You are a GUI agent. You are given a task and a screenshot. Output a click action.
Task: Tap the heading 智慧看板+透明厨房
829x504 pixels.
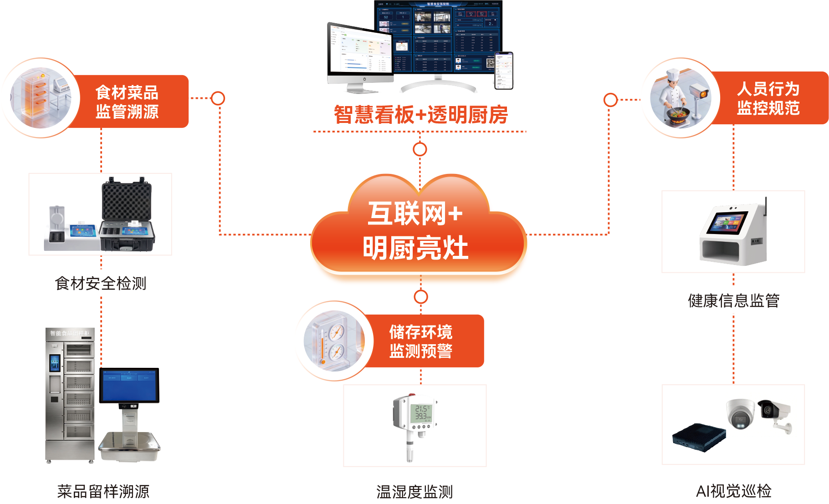[x=420, y=115]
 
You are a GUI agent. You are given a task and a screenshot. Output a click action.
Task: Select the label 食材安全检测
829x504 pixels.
[x=100, y=283]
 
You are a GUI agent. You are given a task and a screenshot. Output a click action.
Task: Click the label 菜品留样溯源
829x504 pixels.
[x=103, y=491]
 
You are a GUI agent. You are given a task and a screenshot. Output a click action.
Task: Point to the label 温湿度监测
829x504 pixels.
[x=414, y=492]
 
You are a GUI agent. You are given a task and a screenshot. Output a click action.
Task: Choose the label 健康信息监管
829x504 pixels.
[x=733, y=300]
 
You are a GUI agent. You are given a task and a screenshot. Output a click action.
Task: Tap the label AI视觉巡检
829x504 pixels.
[x=733, y=491]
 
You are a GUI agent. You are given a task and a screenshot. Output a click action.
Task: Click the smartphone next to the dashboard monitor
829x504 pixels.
[x=504, y=71]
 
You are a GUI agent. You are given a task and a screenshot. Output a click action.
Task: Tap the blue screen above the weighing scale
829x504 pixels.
[x=129, y=385]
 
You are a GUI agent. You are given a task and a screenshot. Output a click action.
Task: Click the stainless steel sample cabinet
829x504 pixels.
[x=71, y=394]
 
